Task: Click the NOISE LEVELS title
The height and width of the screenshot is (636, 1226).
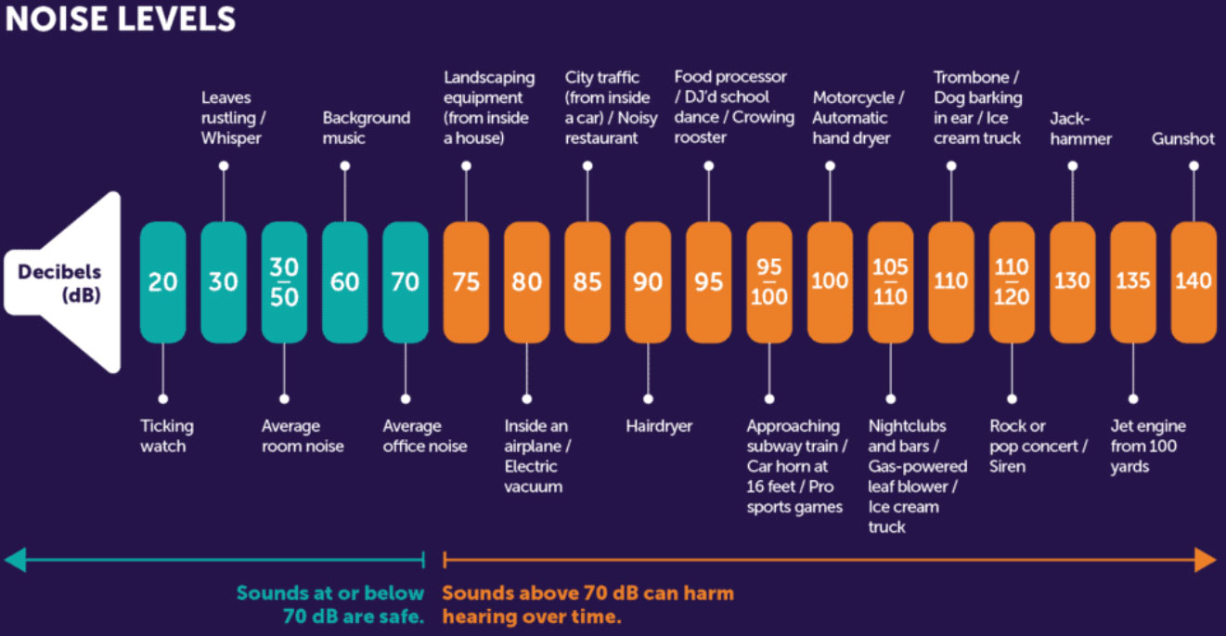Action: click(x=121, y=19)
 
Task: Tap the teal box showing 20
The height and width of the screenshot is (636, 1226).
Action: click(x=162, y=281)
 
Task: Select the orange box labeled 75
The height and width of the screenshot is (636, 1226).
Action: click(x=466, y=281)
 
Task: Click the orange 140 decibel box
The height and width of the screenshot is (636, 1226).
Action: click(x=1194, y=281)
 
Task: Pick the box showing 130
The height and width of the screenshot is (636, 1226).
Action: click(x=1072, y=281)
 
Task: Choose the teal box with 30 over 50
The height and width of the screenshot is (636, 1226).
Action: click(x=284, y=281)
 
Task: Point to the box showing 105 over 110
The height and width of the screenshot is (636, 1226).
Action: click(x=890, y=281)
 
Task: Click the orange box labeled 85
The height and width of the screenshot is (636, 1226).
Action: click(x=587, y=281)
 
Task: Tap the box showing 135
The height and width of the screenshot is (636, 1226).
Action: click(x=1132, y=281)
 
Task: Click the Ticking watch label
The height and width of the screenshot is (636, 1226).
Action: click(x=167, y=436)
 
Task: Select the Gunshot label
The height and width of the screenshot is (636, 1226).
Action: click(x=1183, y=138)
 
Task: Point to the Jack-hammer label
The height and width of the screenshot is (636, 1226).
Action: click(x=1080, y=128)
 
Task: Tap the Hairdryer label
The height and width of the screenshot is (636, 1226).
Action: click(x=659, y=426)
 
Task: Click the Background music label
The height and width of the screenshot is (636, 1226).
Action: click(x=366, y=128)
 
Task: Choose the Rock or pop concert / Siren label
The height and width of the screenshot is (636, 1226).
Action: click(x=1039, y=446)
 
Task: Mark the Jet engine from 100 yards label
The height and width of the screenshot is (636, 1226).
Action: click(x=1148, y=446)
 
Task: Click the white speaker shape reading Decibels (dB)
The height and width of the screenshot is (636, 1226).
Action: click(x=65, y=281)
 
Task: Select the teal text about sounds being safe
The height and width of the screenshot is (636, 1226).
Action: click(x=330, y=604)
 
